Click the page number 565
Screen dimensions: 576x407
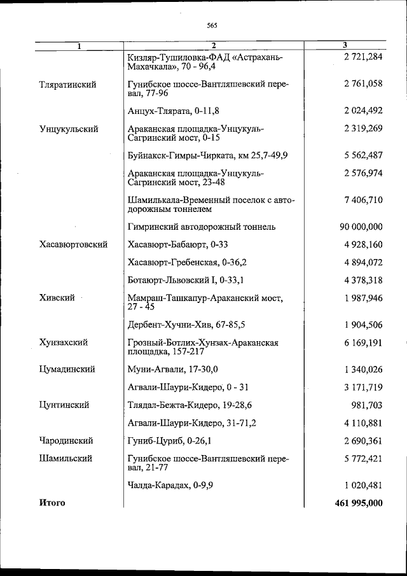(x=212, y=25)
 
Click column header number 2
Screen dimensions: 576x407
(x=214, y=45)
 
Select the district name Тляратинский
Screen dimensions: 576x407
(x=67, y=85)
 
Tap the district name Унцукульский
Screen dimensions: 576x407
(x=69, y=129)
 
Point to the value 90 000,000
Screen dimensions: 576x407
(x=361, y=227)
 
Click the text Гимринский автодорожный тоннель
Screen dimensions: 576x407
(x=201, y=227)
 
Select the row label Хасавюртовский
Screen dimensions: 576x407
(x=72, y=244)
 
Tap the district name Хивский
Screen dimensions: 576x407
(x=57, y=297)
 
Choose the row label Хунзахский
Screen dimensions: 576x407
(x=63, y=342)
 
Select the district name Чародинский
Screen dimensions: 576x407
(x=66, y=440)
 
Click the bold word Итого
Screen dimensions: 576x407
(x=52, y=503)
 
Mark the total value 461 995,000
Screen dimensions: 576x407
(x=358, y=503)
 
